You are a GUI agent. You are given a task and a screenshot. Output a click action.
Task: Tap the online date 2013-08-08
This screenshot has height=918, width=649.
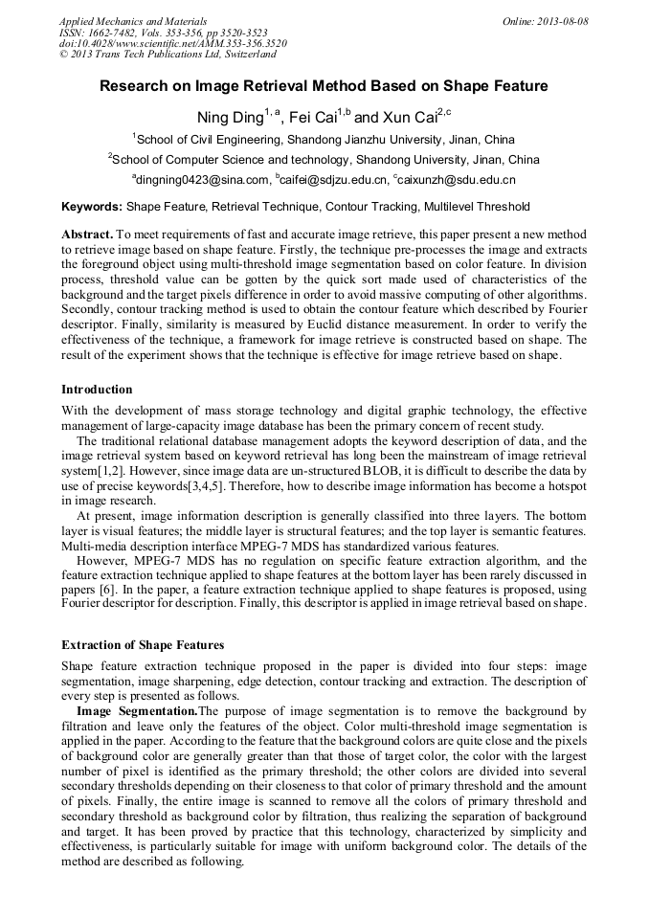click(545, 21)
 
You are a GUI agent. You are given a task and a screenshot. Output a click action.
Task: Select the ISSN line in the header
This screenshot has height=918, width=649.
click(163, 33)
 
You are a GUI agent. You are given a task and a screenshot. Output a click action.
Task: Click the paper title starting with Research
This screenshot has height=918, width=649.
click(324, 86)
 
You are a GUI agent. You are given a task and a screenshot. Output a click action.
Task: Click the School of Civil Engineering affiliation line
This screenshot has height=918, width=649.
click(324, 140)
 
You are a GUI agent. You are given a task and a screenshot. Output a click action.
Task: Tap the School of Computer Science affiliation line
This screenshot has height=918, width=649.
click(324, 160)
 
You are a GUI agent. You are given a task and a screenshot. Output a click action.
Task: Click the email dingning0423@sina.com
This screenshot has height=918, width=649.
click(203, 180)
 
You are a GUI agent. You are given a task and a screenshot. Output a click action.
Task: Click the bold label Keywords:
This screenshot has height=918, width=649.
click(92, 207)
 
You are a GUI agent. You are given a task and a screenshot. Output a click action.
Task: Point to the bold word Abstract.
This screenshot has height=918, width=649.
click(87, 235)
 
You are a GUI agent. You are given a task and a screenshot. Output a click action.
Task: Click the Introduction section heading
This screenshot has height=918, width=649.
click(97, 390)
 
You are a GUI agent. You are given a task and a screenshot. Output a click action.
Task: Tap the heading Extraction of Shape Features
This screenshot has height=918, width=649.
click(143, 645)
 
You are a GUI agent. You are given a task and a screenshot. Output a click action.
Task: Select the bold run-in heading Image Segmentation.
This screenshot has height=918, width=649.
click(137, 711)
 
